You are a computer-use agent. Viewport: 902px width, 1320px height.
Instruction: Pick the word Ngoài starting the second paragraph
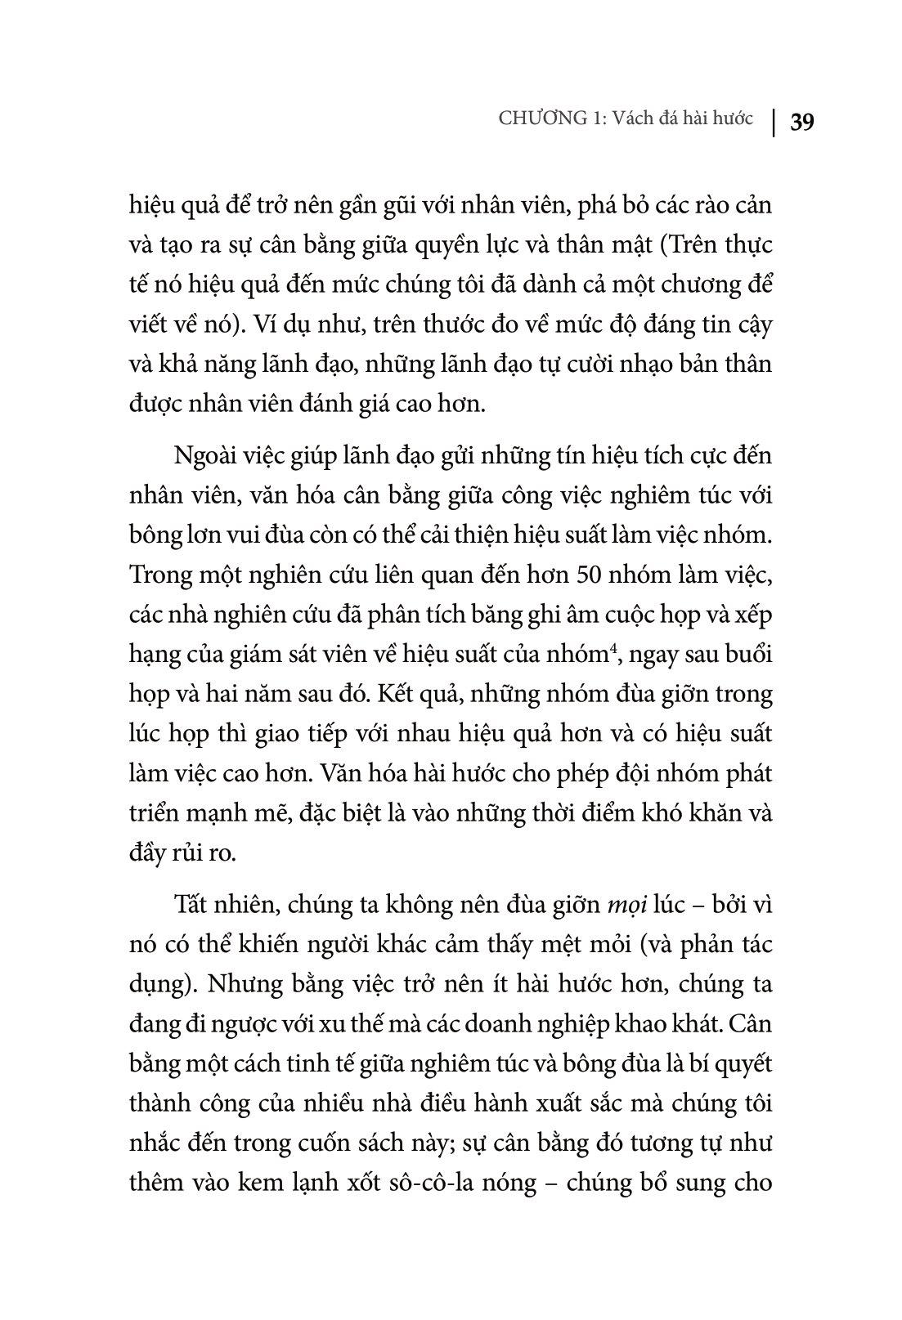(200, 454)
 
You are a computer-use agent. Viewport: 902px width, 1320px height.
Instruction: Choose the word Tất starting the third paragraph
(189, 904)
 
